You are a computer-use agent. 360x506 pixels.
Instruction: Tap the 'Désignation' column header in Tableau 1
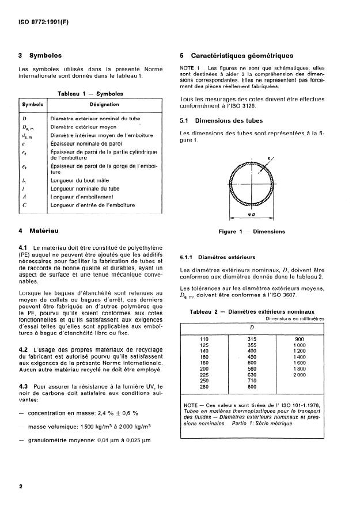click(104, 105)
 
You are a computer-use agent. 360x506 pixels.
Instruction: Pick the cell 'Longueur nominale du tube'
click(84, 188)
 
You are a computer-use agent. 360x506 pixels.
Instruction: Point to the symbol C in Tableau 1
click(25, 205)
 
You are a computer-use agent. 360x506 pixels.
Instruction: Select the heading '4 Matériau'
click(40, 231)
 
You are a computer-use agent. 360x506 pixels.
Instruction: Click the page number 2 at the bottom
click(21, 486)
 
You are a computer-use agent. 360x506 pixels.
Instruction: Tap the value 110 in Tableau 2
click(203, 339)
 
